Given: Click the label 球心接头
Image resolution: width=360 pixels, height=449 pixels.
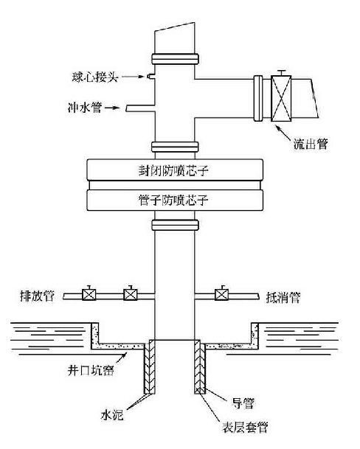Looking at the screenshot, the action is point(95,77).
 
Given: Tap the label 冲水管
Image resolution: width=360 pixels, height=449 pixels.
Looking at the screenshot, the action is point(85,108).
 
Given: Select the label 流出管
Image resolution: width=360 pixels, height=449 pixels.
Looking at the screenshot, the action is point(311,144).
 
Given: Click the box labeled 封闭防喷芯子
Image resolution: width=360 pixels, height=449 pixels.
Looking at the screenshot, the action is point(175,170).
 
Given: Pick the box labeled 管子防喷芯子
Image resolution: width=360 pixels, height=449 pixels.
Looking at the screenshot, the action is point(175,200).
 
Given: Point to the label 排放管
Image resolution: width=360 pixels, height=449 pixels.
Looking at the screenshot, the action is point(37,296).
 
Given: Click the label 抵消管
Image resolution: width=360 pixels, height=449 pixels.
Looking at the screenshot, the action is point(283,298).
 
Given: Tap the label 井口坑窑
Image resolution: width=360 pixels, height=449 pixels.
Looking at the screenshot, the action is point(91,370).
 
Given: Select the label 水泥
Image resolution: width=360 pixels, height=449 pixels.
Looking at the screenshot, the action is point(112,414).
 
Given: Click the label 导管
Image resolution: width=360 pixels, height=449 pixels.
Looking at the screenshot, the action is point(243,403).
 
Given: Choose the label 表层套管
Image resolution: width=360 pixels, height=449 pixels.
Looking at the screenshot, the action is point(245,427).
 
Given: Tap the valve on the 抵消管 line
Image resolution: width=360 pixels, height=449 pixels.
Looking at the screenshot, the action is point(221,293).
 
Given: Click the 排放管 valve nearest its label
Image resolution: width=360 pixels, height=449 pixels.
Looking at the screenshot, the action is point(89,293).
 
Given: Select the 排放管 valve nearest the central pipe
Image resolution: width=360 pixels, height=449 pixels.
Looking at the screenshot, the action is point(131,293).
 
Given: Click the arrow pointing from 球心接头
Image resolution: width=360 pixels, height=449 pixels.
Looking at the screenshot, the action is point(133,77).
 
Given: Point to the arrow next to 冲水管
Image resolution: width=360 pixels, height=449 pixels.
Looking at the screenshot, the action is point(112,108).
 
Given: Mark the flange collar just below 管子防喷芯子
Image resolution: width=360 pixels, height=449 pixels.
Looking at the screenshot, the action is point(175,225).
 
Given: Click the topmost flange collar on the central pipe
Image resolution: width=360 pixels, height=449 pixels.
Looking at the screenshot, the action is point(175,59).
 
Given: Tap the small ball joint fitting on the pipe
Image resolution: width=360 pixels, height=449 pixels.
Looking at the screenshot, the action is point(150,76).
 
